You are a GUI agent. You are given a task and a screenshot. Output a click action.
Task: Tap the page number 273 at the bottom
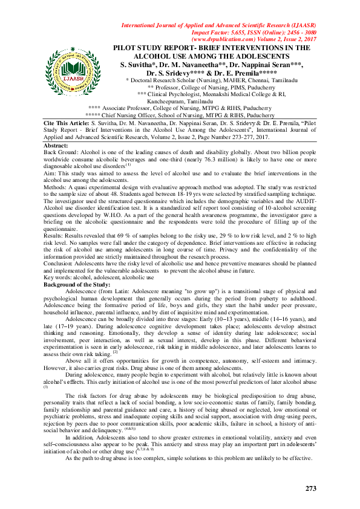(x=311, y=488)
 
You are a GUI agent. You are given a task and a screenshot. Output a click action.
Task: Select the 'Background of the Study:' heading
(x=77, y=284)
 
